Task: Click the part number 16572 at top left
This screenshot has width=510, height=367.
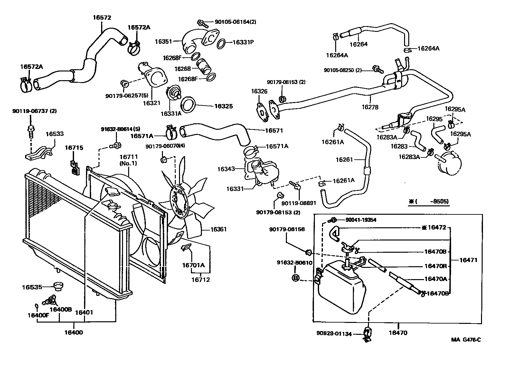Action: click(102, 18)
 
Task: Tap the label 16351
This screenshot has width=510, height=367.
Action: click(163, 41)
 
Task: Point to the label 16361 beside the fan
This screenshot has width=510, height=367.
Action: click(219, 230)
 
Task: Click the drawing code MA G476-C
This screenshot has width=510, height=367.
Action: click(466, 340)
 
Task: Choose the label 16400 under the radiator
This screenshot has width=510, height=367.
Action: click(74, 332)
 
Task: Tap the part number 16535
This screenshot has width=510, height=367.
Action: click(32, 287)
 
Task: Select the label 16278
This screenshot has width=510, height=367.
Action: click(370, 107)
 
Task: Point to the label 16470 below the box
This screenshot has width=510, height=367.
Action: click(398, 333)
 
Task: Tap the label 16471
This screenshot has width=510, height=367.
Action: click(468, 260)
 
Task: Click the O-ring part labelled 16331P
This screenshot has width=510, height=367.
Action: click(221, 43)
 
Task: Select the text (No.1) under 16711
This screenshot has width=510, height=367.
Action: click(128, 163)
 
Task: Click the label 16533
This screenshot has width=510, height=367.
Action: click(54, 134)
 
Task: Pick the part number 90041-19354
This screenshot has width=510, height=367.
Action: click(361, 220)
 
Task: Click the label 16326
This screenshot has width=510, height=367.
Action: click(259, 91)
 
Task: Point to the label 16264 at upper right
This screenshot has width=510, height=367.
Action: click(358, 44)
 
